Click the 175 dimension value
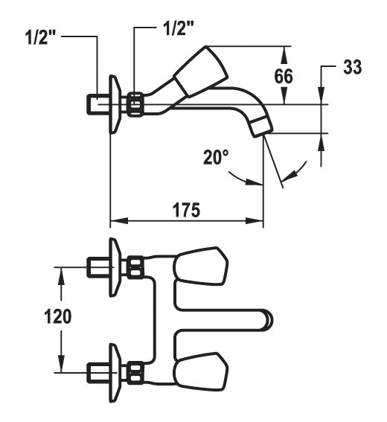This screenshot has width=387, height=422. tap(186, 210)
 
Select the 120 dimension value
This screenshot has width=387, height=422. tap(58, 316)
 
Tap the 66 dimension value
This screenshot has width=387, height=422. tap(284, 76)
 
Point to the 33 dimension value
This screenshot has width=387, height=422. tap(352, 67)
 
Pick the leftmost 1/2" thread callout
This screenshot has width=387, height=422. tap(40, 37)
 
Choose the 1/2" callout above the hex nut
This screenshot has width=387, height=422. tap(179, 28)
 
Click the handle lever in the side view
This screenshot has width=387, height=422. tap(201, 71)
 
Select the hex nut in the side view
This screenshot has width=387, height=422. tap(135, 104)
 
